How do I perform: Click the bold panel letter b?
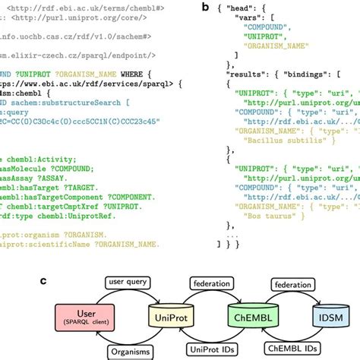click(207, 6)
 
